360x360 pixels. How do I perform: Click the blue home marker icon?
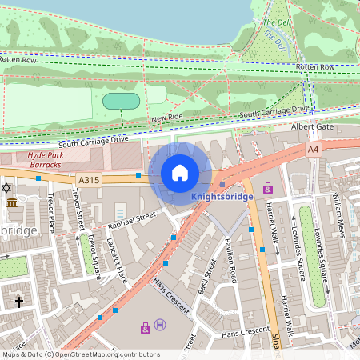click(x=180, y=173)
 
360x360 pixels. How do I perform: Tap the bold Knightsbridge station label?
click(x=222, y=196)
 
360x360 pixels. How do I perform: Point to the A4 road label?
click(x=312, y=149)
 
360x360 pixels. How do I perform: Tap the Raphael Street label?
click(x=133, y=222)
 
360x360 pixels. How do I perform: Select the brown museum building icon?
click(x=12, y=202)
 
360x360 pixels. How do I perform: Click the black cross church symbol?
click(x=20, y=302)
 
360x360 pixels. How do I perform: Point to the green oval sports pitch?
click(x=122, y=101)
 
